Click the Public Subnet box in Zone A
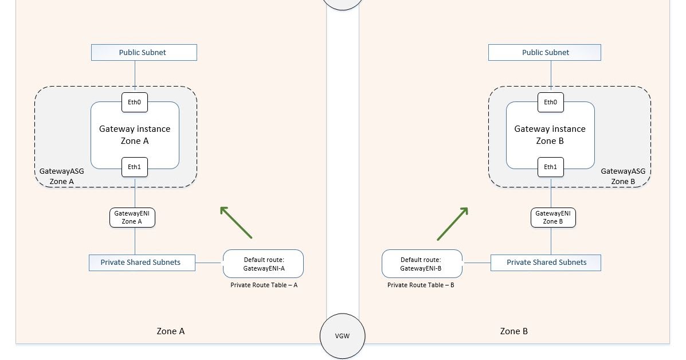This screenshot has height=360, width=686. (x=144, y=52)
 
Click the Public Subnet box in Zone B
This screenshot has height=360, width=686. (x=544, y=52)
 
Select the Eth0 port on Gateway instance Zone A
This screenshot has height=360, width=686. (x=135, y=103)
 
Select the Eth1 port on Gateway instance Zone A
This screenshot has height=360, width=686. (x=135, y=167)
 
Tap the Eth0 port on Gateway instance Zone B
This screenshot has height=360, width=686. (x=550, y=103)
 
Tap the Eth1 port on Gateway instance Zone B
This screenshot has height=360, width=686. (x=550, y=167)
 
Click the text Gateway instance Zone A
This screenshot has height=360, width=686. (x=135, y=134)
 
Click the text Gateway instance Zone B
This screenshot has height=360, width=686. (x=550, y=134)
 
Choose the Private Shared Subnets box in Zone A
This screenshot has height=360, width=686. (x=142, y=263)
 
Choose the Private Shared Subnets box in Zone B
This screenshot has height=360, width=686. (x=546, y=263)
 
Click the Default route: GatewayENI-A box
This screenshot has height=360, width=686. (x=263, y=264)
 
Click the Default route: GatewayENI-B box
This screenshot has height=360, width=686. (x=422, y=264)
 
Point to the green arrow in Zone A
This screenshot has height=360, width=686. (x=236, y=222)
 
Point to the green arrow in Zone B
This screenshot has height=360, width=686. (x=453, y=224)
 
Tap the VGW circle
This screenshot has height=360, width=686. (x=343, y=336)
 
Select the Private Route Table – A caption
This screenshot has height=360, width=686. (x=264, y=285)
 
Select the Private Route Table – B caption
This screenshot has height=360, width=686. (x=421, y=285)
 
